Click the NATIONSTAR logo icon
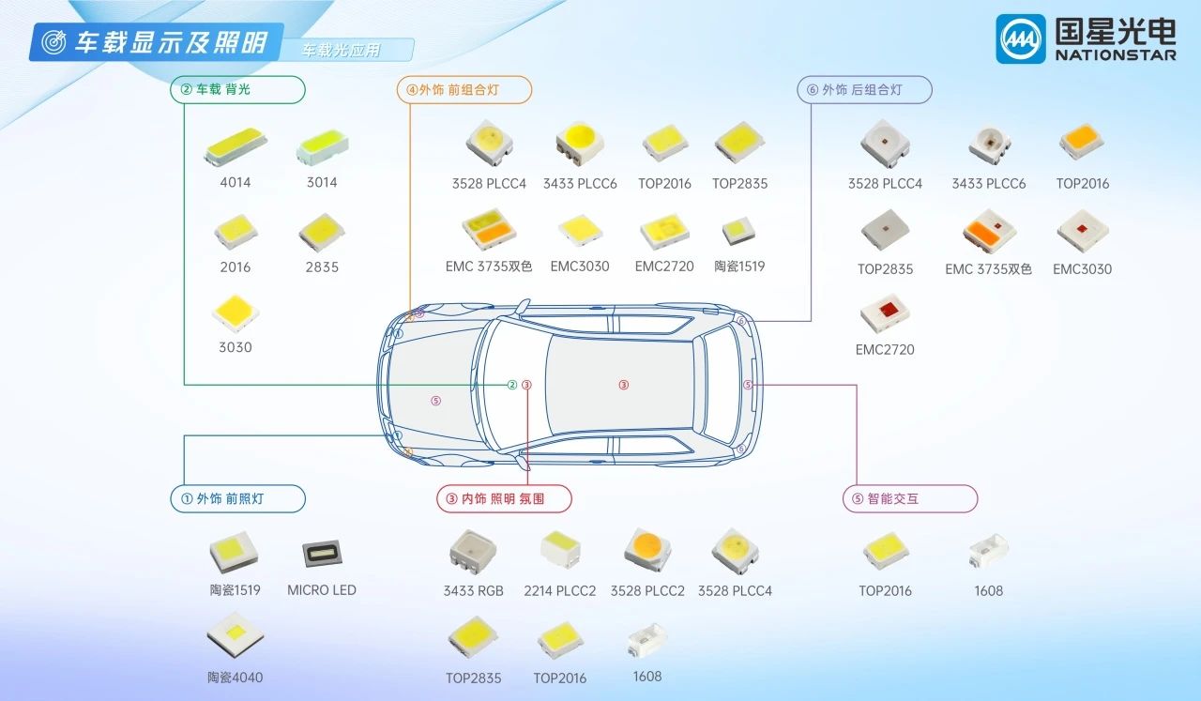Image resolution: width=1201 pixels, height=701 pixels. point(1020,38)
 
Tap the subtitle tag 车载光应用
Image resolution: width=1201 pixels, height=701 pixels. point(342,51)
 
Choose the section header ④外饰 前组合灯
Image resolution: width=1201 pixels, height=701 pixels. point(464,90)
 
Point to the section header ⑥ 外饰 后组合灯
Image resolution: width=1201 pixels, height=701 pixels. point(863,90)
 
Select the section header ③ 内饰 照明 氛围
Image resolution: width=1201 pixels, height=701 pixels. point(504,498)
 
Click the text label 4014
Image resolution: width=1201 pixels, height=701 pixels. point(235,182)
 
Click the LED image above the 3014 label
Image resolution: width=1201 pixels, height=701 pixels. point(322,145)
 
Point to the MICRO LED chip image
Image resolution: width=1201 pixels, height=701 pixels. point(321,553)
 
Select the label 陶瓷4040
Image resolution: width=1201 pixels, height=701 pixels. point(235,677)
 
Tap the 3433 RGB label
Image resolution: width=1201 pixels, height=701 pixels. point(473,590)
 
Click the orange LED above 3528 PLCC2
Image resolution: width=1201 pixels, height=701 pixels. point(647,548)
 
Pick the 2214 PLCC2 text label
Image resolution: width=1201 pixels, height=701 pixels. point(559,590)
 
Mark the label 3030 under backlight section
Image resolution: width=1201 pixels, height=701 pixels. point(235,347)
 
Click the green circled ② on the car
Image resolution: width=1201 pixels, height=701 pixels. point(512,385)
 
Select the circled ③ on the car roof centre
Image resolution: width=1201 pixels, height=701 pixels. point(623,385)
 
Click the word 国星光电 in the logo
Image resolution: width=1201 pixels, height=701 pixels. point(1115,30)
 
